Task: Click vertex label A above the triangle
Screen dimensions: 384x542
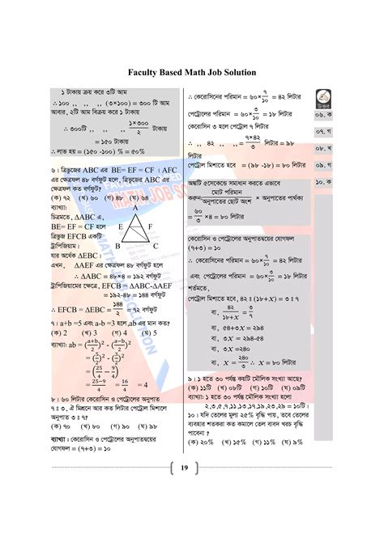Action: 135,209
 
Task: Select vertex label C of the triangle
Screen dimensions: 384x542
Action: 155,245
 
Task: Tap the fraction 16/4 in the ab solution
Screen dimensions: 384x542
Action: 125,386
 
